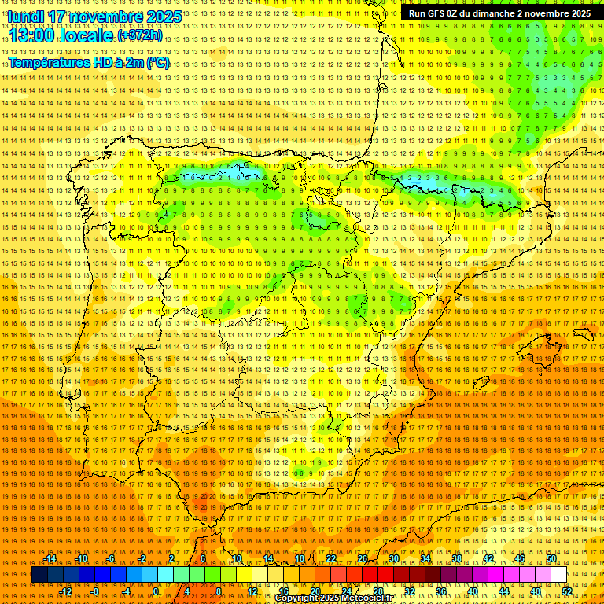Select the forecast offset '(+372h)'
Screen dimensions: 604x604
point(140,36)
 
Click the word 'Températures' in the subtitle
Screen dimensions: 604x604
point(50,63)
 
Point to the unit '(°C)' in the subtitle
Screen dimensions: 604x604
point(158,63)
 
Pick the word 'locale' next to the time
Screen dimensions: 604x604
point(89,35)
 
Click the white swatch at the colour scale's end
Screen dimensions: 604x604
point(559,575)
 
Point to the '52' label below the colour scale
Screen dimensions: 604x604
point(567,591)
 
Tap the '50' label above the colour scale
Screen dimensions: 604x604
point(551,558)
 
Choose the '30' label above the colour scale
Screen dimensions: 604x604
point(394,558)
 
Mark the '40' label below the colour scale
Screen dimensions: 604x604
point(473,591)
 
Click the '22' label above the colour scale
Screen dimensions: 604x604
point(331,558)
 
